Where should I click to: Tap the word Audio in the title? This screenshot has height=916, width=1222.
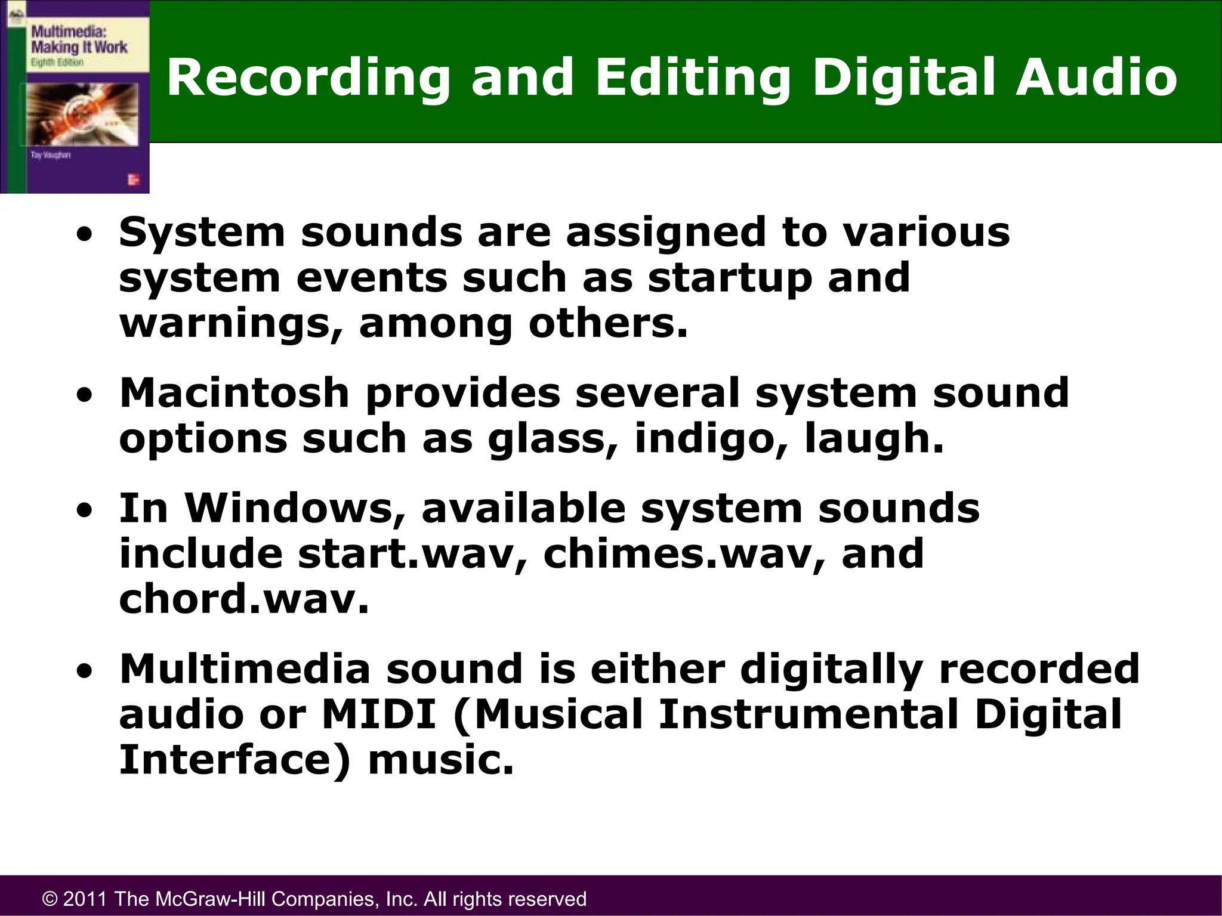(x=1097, y=77)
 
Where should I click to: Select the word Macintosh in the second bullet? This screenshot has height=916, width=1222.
(x=234, y=393)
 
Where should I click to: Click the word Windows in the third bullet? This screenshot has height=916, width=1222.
(x=295, y=508)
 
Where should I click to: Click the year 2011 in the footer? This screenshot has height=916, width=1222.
(x=85, y=899)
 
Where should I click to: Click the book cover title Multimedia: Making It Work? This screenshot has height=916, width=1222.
(x=79, y=38)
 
